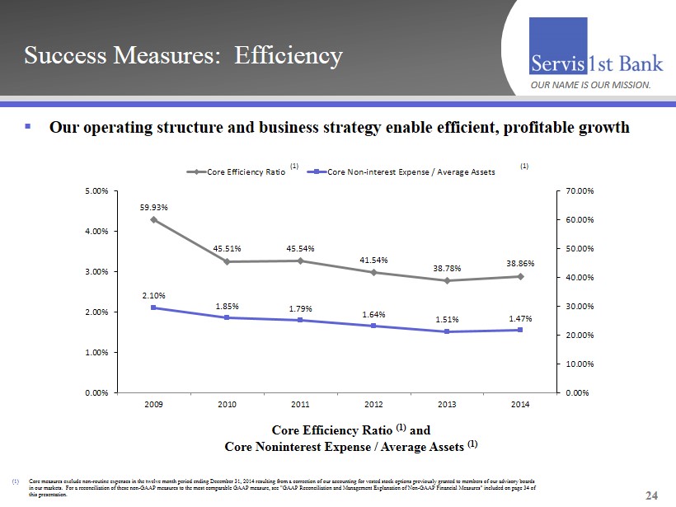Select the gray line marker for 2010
228,261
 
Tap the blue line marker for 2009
154,307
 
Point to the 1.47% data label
520,317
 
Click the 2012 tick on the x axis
373,404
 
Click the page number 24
652,495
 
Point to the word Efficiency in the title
288,56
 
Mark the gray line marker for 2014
520,276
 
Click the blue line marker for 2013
447,331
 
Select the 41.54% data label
373,261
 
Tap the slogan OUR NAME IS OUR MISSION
590,85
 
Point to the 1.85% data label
228,306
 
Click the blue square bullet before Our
27,127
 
